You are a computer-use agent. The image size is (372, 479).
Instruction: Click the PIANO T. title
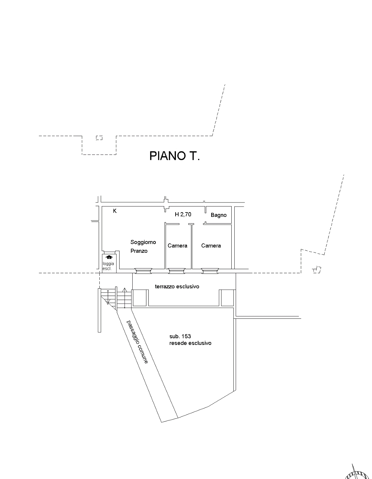174,156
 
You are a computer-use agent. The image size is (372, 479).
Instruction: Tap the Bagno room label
219,215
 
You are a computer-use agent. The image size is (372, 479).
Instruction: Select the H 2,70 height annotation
183,214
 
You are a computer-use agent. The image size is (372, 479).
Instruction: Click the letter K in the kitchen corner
115,211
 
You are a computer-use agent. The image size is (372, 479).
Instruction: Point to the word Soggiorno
143,242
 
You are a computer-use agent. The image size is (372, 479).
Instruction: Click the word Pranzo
139,251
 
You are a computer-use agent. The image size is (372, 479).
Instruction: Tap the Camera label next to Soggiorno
177,246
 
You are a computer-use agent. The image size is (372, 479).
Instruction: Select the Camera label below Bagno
211,246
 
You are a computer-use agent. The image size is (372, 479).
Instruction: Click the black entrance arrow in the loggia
109,257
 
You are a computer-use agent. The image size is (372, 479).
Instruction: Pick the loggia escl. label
108,266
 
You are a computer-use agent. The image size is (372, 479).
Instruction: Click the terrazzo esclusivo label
177,287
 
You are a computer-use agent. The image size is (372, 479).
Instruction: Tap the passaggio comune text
137,342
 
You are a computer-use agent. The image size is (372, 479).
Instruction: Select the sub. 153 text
180,336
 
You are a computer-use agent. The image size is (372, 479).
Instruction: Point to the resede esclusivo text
190,343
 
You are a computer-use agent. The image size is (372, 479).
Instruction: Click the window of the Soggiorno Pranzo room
143,271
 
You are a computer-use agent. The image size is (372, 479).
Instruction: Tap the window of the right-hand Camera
210,271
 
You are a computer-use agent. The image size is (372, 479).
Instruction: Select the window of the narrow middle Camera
177,271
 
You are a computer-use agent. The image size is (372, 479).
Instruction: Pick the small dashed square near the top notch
99,138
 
